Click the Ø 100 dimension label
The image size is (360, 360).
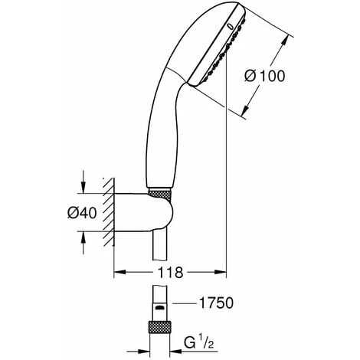point(264,76)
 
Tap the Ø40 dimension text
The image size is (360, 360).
point(82,213)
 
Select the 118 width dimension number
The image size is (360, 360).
point(170,273)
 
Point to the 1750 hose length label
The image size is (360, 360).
point(216,303)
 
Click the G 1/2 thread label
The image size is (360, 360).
point(198,342)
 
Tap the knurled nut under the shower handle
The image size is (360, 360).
point(159,193)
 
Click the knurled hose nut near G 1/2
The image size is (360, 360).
point(159,327)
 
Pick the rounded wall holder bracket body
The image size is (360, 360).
point(143,212)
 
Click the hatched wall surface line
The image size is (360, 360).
point(113,211)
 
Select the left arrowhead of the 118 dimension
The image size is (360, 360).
point(119,273)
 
